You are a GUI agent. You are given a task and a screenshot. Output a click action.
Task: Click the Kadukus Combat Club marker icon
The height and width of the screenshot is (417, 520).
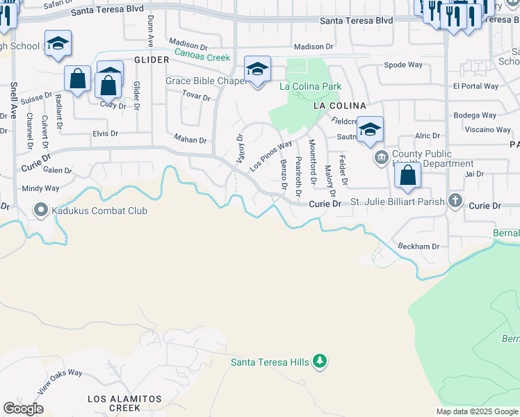pyautogui.click(x=40, y=210)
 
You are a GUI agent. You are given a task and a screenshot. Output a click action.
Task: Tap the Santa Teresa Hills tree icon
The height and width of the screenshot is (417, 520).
pyautogui.click(x=320, y=361)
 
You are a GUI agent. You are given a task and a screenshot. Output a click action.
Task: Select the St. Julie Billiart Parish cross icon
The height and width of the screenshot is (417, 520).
pyautogui.click(x=455, y=202)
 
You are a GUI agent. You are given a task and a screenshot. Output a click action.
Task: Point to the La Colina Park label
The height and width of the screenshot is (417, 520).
pyautogui.click(x=310, y=87)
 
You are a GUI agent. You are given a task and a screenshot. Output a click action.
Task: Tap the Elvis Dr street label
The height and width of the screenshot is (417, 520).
pyautogui.click(x=105, y=133)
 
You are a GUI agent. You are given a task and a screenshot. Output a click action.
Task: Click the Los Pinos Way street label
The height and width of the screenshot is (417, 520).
pyautogui.click(x=270, y=156)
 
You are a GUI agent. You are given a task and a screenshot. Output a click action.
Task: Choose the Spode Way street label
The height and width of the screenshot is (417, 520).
pyautogui.click(x=403, y=65)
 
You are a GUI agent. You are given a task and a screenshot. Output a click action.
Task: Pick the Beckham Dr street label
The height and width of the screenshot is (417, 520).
pyautogui.click(x=419, y=247)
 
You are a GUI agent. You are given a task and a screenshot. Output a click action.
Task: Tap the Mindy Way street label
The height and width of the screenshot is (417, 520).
pyautogui.click(x=40, y=188)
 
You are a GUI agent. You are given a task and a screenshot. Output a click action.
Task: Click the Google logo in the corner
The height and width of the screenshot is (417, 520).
pyautogui.click(x=23, y=409)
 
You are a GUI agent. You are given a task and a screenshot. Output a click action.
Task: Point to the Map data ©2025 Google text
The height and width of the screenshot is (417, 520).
pyautogui.click(x=477, y=411)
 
